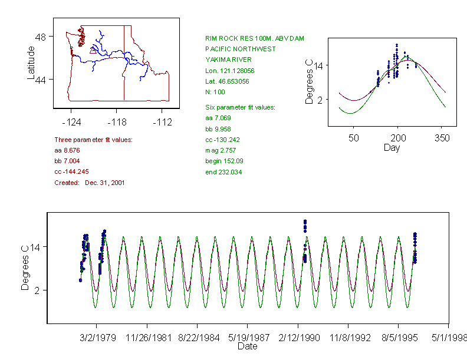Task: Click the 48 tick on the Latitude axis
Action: (x=41, y=37)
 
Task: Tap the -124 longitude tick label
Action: (x=71, y=122)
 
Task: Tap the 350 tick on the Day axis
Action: (x=442, y=138)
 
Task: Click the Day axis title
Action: (x=392, y=147)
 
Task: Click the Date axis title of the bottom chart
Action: (x=248, y=346)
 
